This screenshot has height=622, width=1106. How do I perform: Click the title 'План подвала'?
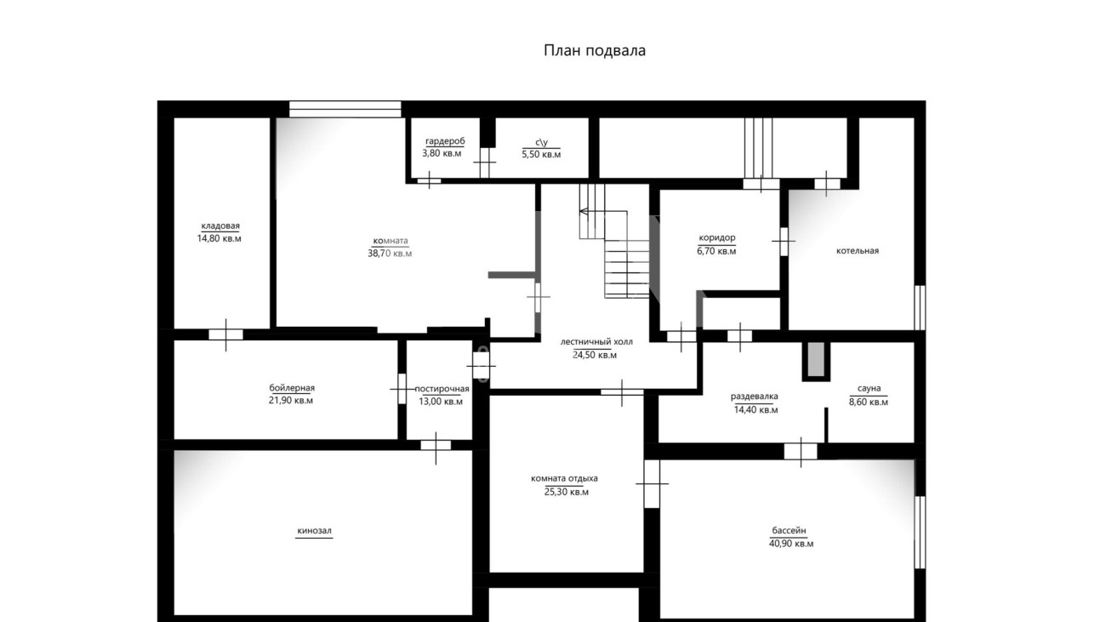point(595,51)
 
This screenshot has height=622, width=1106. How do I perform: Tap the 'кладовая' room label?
point(220,226)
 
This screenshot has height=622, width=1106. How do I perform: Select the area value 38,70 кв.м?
point(390,254)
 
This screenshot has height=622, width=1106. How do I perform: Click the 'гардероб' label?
point(445,141)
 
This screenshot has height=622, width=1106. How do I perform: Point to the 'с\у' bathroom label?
point(542,143)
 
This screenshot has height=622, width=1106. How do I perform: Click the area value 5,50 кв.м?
point(541,155)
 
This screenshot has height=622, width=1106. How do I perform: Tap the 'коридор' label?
point(717,238)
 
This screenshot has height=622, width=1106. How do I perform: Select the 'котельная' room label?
point(858,251)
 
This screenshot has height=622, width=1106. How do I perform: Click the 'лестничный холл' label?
point(596,341)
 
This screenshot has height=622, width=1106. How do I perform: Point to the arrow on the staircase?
point(603,212)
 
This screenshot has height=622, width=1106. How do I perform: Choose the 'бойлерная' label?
point(292,388)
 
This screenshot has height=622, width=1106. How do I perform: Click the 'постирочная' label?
point(442,389)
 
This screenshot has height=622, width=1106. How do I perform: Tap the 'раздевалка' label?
point(755,397)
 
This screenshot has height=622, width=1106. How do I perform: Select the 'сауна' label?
point(869,389)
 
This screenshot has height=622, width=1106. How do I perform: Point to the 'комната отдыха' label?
point(564,478)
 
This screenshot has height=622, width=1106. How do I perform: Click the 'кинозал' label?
point(314,531)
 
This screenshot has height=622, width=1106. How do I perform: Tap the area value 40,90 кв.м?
point(791,544)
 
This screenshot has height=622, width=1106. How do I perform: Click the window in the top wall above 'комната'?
point(345,109)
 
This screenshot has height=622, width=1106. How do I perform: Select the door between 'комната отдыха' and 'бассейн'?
point(652,484)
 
